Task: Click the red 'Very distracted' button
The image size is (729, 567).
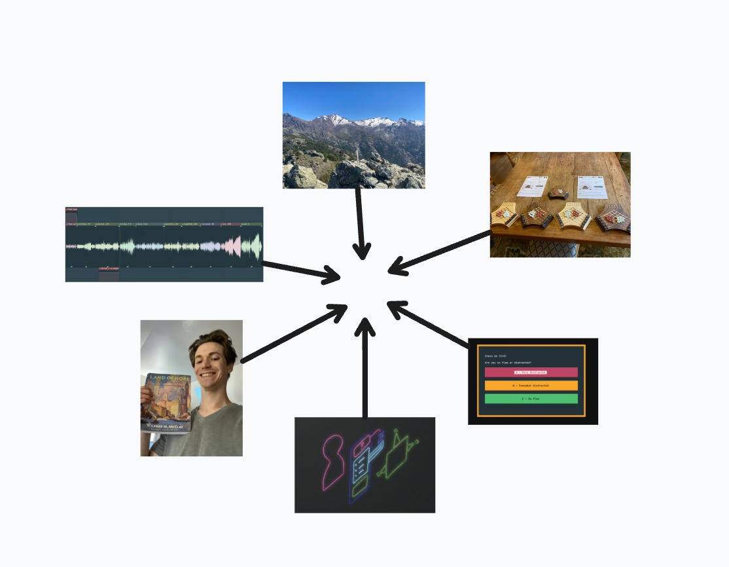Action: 531,372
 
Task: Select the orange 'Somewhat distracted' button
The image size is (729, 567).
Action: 531,386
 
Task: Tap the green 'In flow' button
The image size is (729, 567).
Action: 531,398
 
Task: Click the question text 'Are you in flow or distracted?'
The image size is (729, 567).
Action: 508,362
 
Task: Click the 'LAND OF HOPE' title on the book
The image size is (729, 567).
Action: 166,378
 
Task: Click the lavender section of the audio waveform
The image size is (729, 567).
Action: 210,246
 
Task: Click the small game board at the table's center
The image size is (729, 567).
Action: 558,192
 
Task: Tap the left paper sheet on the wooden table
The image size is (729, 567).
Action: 532,186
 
